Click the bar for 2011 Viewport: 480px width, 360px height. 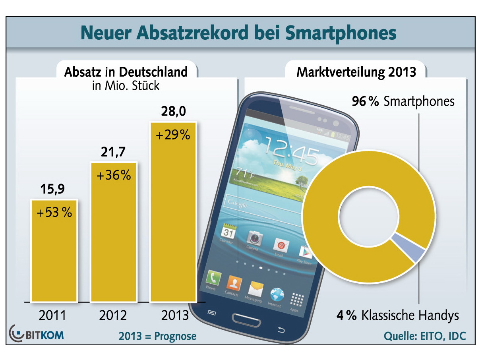tap(54, 250)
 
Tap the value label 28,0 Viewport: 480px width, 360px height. tap(174, 112)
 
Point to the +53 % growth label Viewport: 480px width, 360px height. tap(54, 213)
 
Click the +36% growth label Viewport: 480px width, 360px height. tap(114, 175)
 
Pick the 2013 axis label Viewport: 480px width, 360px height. tap(175, 315)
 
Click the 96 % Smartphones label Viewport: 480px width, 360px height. tap(403, 102)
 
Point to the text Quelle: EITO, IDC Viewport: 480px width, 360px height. tap(424, 336)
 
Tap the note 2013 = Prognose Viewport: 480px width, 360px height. tap(157, 336)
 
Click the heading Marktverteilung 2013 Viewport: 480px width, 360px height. tap(356, 72)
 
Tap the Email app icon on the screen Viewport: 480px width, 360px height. tap(281, 246)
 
